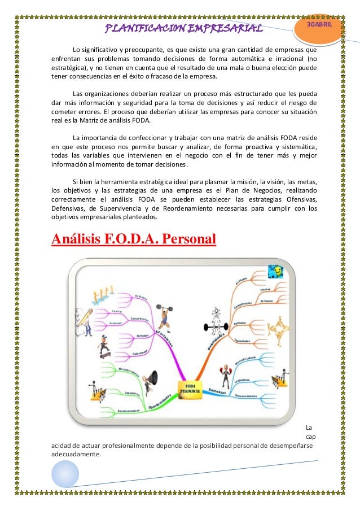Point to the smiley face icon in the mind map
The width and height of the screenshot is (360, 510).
point(276,272)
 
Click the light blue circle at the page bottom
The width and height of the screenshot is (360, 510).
point(65,473)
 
